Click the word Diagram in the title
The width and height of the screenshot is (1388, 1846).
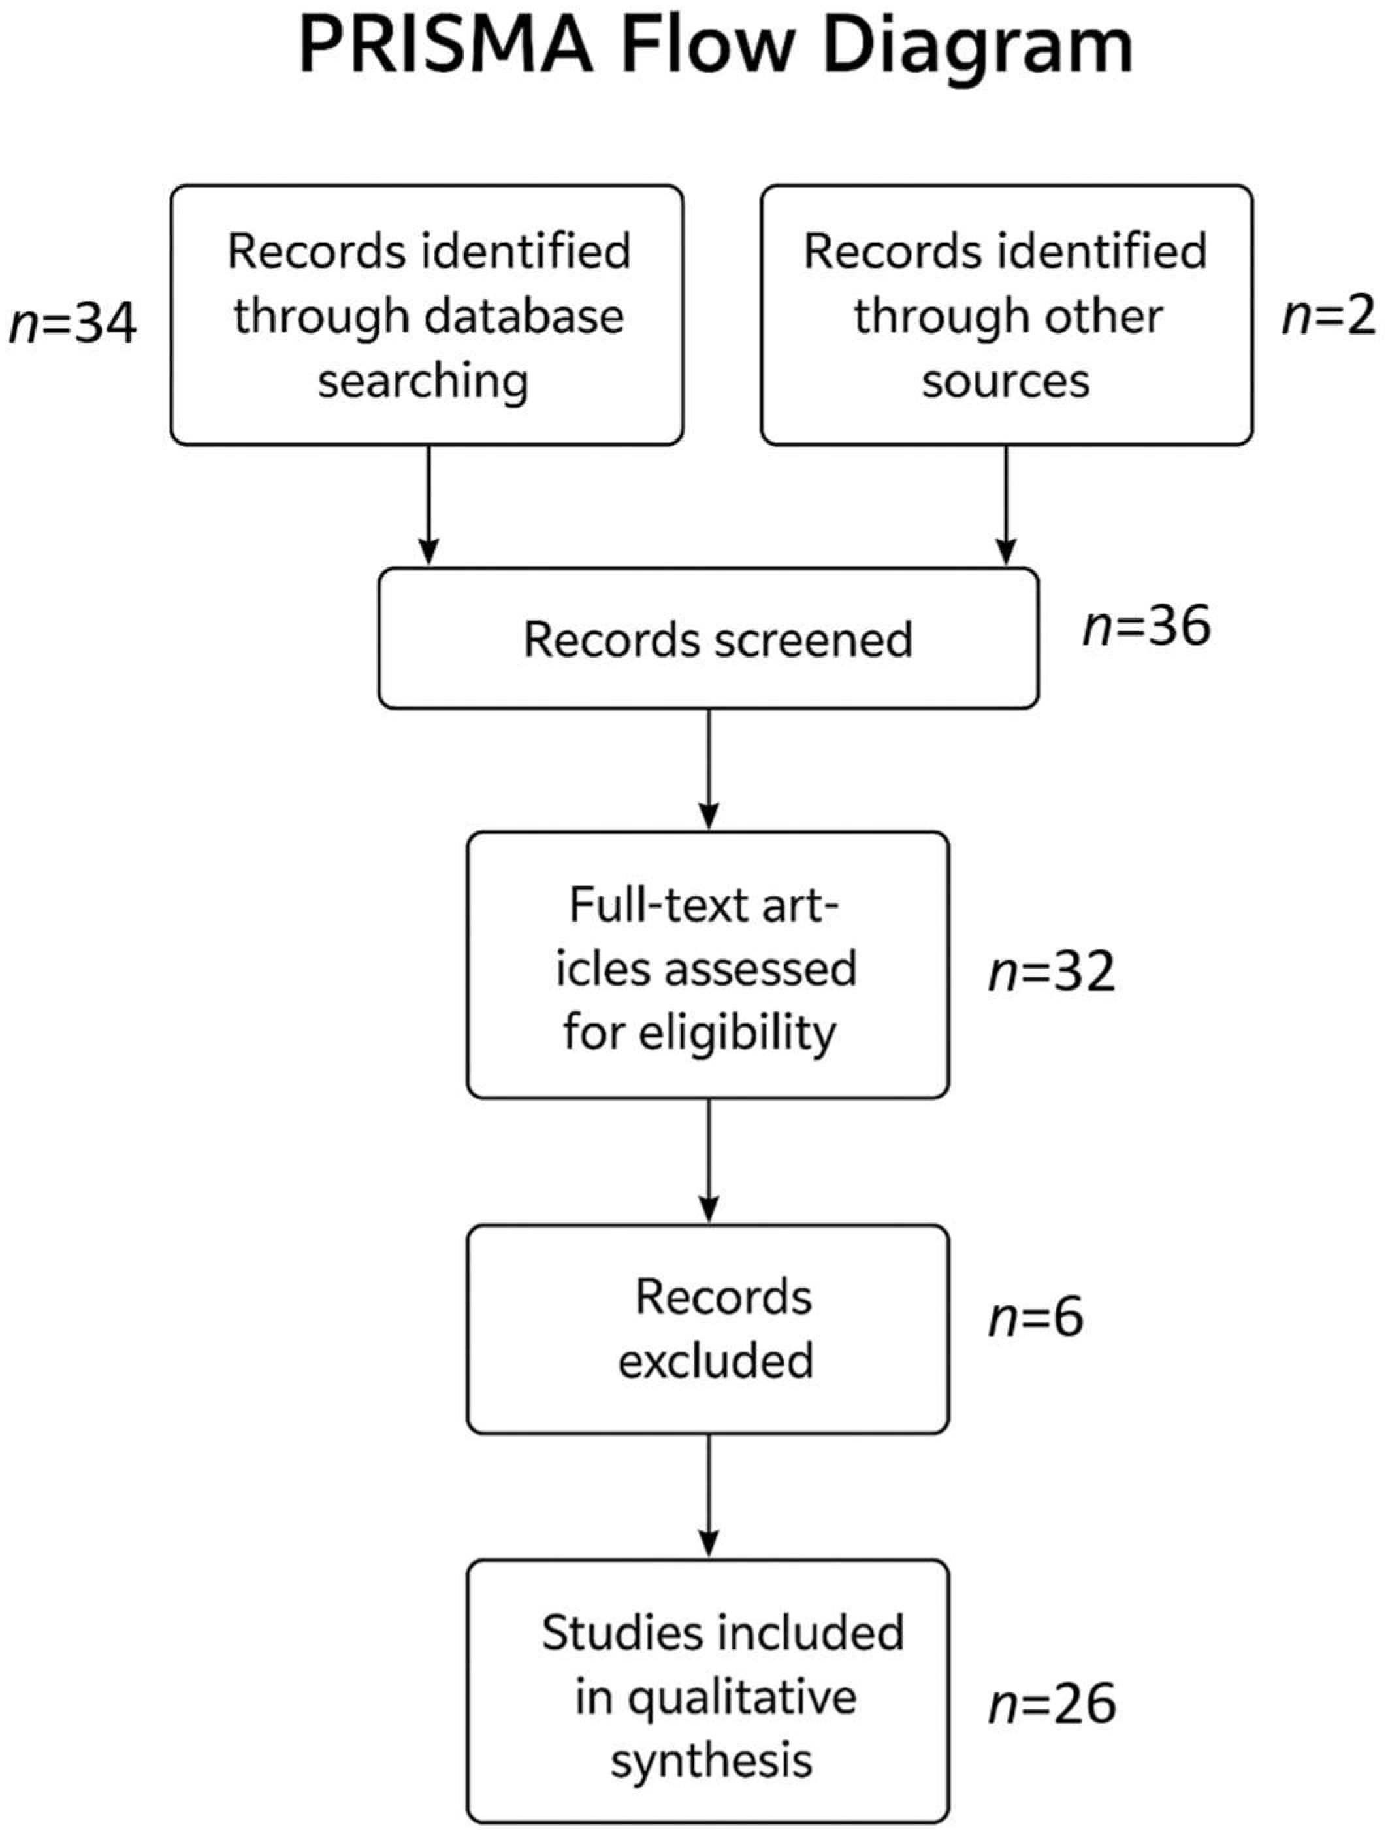coord(978,48)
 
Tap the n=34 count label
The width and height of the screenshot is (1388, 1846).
coord(73,323)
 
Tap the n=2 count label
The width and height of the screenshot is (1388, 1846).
coord(1328,316)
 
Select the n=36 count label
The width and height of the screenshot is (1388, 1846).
coord(1146,626)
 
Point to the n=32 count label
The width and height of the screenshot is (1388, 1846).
coord(1051,971)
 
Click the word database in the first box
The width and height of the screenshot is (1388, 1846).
coord(524,316)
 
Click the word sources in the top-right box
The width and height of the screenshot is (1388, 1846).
coord(1005,380)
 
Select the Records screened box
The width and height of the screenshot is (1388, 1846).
coord(708,639)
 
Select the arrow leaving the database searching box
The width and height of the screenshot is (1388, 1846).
coord(428,505)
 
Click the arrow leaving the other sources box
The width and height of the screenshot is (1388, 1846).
coord(1006,505)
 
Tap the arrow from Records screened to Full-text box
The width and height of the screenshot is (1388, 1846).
coord(708,769)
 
